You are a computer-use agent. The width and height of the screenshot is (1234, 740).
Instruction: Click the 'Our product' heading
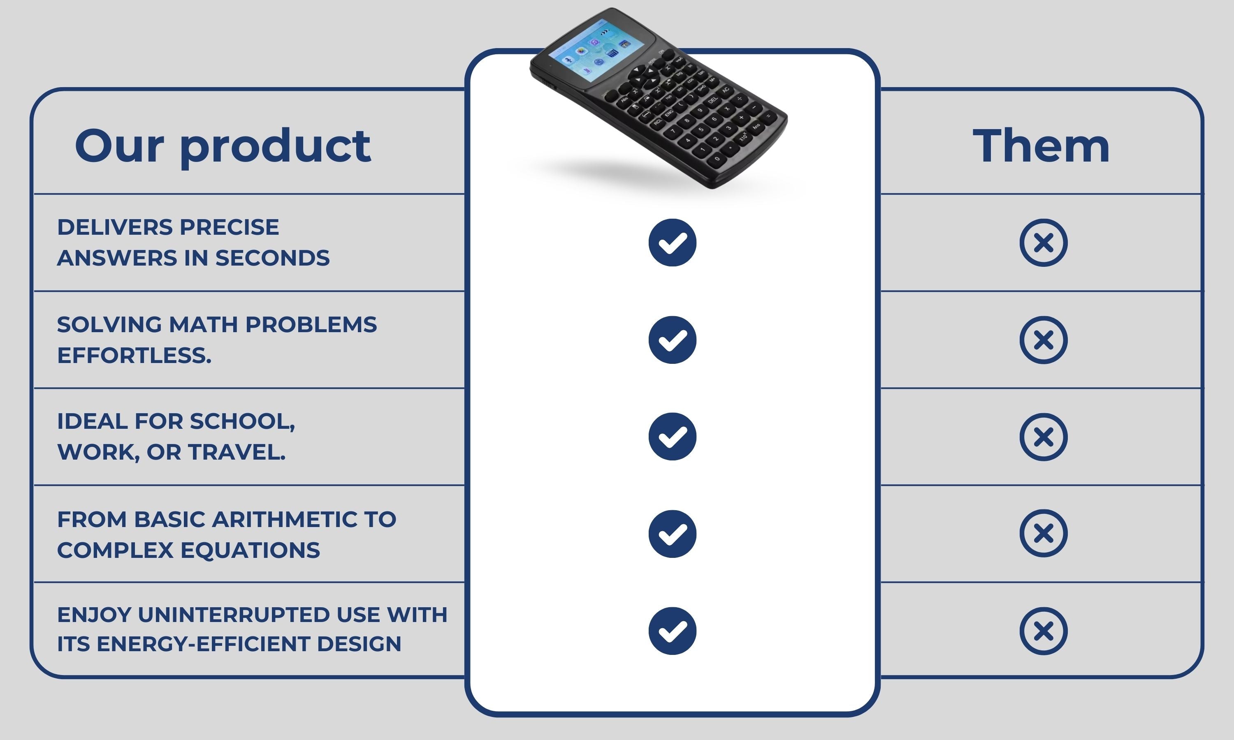(x=223, y=146)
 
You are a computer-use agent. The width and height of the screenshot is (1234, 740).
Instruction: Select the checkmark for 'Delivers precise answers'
(x=673, y=242)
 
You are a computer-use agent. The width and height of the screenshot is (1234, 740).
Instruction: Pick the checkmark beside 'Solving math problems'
(x=673, y=340)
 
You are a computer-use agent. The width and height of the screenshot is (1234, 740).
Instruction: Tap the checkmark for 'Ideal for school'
(x=673, y=436)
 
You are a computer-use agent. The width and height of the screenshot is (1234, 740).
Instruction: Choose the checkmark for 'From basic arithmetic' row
(x=673, y=534)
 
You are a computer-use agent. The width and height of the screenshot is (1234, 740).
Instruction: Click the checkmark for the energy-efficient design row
(x=673, y=631)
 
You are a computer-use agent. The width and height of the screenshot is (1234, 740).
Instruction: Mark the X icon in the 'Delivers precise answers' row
(x=1044, y=242)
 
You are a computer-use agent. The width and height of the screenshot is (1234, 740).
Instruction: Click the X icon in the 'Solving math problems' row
(x=1044, y=340)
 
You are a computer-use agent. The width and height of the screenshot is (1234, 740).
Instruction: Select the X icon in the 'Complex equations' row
(x=1044, y=533)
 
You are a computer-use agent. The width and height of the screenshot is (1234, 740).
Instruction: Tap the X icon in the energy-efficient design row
(x=1044, y=631)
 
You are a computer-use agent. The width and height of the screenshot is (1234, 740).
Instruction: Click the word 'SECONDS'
(x=272, y=258)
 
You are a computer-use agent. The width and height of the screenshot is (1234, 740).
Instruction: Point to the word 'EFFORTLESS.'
(x=134, y=356)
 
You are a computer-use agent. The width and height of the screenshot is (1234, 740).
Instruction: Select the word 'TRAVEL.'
(x=237, y=452)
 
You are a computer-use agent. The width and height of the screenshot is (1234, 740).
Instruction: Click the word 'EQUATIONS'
(x=250, y=550)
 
